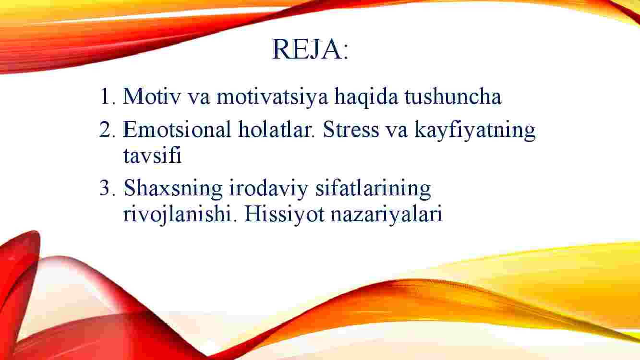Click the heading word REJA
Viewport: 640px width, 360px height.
307,49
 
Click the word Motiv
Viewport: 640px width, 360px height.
152,96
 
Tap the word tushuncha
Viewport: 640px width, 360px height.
453,96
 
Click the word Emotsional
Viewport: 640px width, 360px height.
177,129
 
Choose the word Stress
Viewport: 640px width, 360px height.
351,129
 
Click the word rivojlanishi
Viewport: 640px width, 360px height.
177,214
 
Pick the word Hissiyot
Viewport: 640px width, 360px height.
284,214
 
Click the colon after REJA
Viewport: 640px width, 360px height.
346,53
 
